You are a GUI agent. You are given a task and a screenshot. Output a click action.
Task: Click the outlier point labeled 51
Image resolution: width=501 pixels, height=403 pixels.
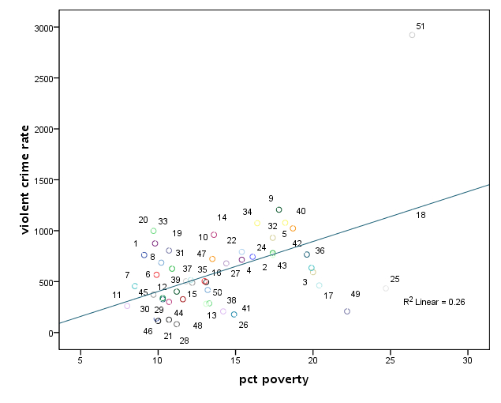[x=412, y=35]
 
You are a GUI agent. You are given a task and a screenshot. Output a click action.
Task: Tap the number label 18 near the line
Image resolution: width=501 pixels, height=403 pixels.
[x=421, y=215]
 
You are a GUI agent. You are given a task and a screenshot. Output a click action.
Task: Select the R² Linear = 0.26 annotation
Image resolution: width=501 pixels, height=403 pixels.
[x=434, y=301]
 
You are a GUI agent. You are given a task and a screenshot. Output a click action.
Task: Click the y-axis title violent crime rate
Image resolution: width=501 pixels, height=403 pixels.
[x=26, y=179]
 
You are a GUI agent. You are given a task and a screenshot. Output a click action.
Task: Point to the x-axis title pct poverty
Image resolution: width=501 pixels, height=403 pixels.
[x=274, y=380]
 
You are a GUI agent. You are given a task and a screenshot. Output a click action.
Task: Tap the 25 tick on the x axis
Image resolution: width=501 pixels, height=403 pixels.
[x=390, y=360]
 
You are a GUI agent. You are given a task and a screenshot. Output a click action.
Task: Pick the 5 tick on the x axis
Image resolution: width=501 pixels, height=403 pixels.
[x=80, y=360]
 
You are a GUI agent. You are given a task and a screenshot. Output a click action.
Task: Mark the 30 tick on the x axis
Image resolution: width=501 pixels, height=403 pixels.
[x=467, y=360]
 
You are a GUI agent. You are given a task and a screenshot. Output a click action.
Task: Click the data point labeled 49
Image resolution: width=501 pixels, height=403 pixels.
[x=347, y=311]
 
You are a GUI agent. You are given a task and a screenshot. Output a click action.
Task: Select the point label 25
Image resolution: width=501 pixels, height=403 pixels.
[x=394, y=279]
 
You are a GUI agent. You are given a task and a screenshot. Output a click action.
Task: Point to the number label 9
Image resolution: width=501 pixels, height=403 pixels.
[x=271, y=198]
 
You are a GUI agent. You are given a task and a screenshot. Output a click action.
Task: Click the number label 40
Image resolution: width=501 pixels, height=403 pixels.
[x=301, y=211]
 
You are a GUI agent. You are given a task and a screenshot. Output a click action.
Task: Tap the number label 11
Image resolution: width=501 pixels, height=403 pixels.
[x=117, y=295]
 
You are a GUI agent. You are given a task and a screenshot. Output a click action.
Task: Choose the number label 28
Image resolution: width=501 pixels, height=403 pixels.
[x=184, y=341]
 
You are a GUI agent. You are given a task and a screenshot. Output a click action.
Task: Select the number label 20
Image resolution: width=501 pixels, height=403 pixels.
[x=143, y=220]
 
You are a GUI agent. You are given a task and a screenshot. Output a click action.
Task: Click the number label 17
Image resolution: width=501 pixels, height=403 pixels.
[x=328, y=296]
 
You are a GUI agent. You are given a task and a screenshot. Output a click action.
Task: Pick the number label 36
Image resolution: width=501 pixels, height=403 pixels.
[x=320, y=250]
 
